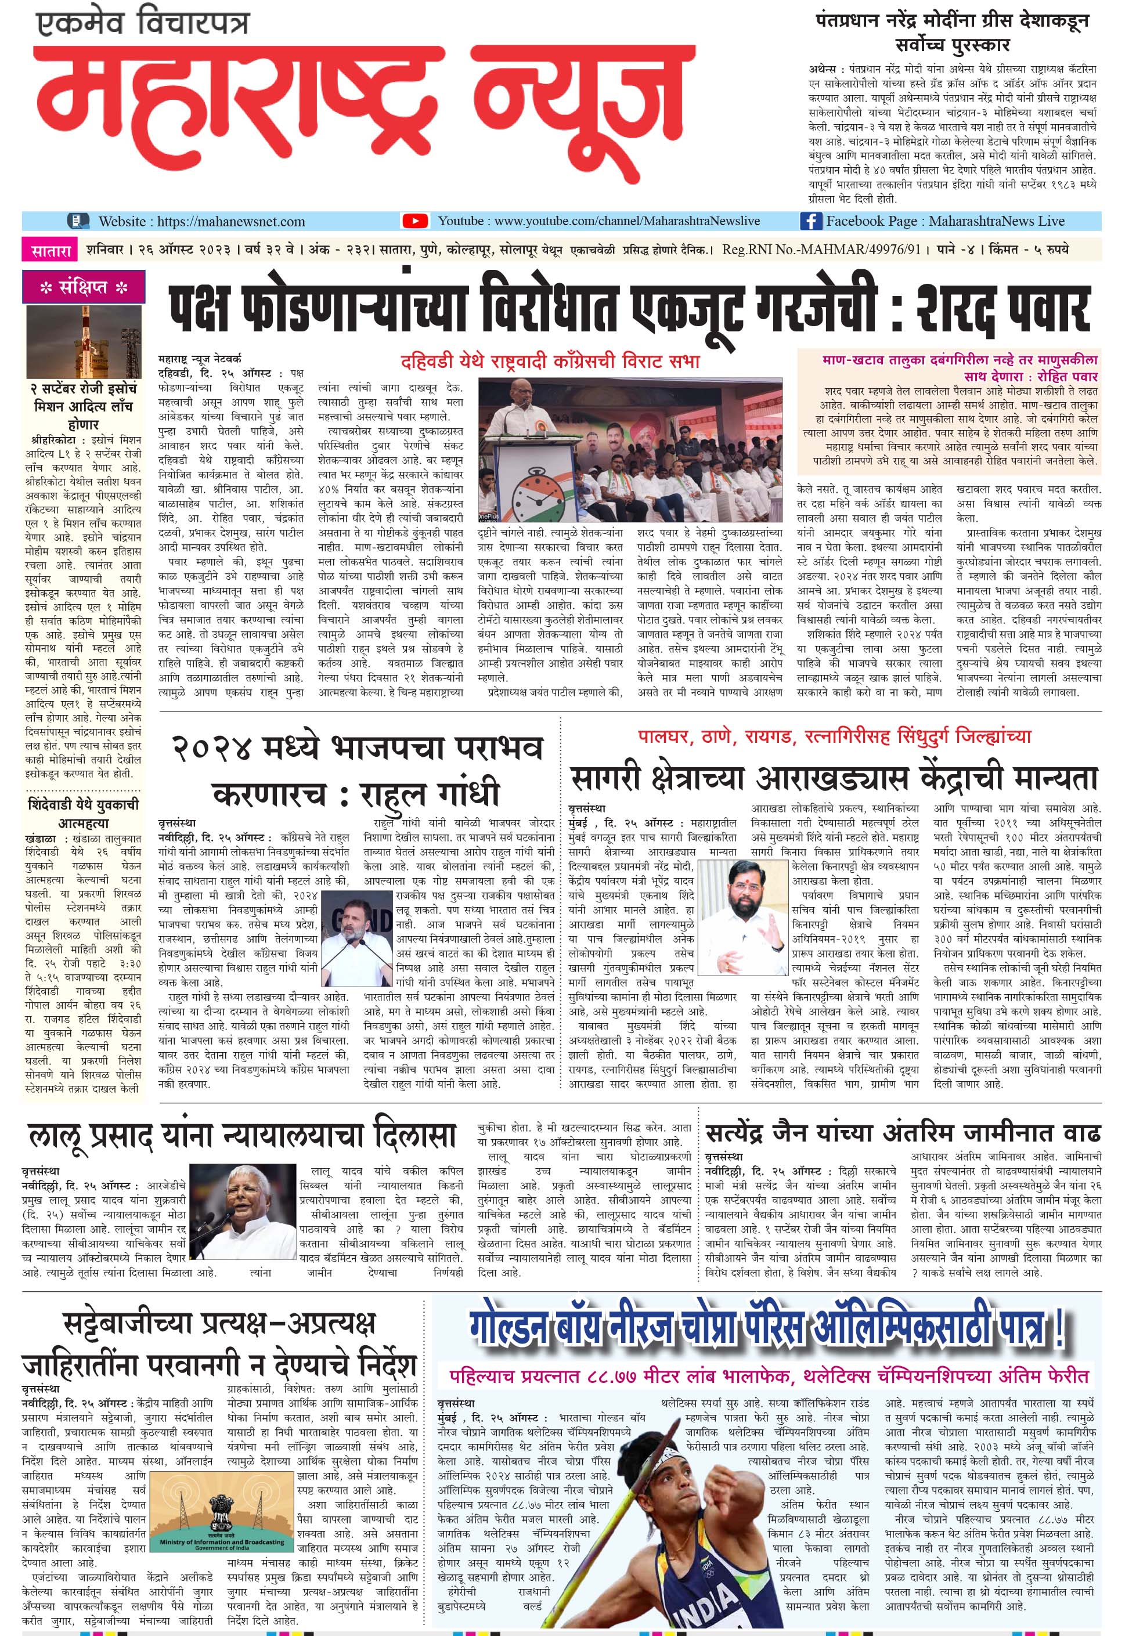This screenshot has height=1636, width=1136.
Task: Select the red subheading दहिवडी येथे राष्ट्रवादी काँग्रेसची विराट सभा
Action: coord(550,362)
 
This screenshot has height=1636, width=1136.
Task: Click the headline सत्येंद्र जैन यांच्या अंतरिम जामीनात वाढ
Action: coord(903,1133)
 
